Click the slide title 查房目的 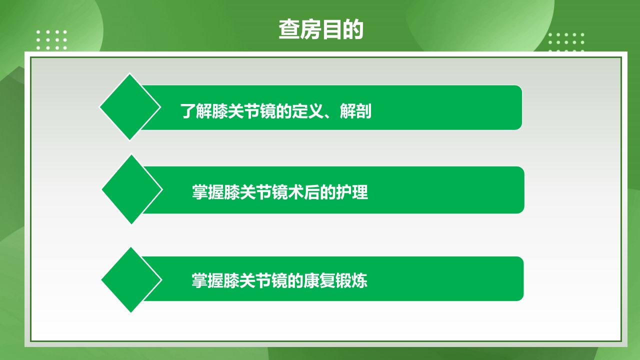(320, 30)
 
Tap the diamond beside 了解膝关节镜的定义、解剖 (130, 107)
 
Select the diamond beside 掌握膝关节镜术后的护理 (132, 189)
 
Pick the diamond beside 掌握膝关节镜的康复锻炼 (131, 280)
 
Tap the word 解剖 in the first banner (355, 111)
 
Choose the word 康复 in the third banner (319, 280)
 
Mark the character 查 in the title (289, 30)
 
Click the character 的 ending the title (353, 30)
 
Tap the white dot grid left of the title (51, 40)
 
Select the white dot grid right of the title (566, 42)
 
